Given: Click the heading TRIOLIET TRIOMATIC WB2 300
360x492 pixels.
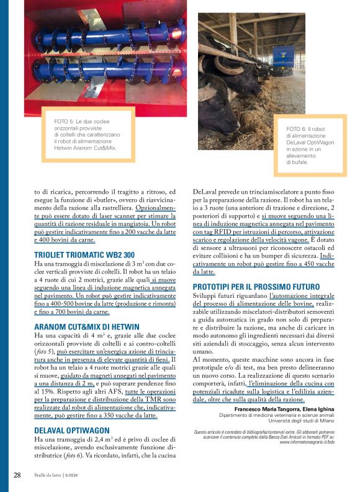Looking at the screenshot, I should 84,255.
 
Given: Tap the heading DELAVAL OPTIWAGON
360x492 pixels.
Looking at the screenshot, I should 71,429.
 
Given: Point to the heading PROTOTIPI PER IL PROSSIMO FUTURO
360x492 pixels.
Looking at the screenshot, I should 255,286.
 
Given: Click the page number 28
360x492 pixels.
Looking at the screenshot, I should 17,475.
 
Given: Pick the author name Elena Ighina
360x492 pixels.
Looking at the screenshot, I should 317,409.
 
